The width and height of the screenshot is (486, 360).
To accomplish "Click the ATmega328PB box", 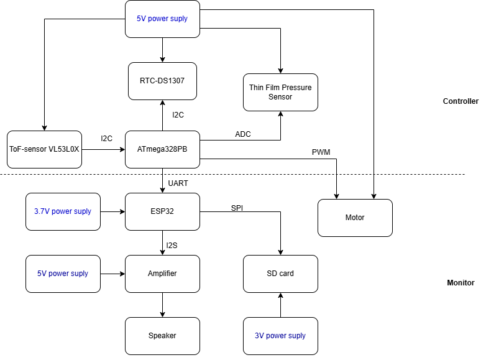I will tap(162, 149).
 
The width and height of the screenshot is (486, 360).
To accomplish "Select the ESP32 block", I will tap(162, 211).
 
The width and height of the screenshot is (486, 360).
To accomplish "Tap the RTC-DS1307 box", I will tap(162, 81).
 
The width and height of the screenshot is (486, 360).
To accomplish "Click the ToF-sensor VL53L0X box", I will tap(44, 149).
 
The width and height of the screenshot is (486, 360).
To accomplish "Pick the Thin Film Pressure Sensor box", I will tap(280, 93).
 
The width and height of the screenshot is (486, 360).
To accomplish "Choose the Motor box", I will tap(355, 218).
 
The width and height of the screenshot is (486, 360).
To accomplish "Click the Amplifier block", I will tap(162, 274).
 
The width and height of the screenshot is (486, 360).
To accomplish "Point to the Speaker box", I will tap(162, 336).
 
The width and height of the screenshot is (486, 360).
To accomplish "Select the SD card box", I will tap(280, 274).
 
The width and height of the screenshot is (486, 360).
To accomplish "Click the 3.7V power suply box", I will tap(63, 211).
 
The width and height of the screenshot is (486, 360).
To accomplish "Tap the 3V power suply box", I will tap(280, 336).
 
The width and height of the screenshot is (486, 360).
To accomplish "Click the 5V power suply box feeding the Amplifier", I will tap(63, 274).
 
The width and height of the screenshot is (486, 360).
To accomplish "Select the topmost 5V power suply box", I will tap(162, 19).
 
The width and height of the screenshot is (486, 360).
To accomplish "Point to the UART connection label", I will tap(178, 183).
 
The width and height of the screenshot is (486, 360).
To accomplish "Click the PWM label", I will tap(321, 152).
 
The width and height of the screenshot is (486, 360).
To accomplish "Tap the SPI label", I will tap(237, 208).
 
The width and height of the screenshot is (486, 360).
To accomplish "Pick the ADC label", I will tap(242, 134).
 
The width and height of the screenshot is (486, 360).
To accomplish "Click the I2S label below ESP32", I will tap(172, 245).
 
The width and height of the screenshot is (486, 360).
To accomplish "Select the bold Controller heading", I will tap(461, 101).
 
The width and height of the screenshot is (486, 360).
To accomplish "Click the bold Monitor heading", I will tap(461, 283).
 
